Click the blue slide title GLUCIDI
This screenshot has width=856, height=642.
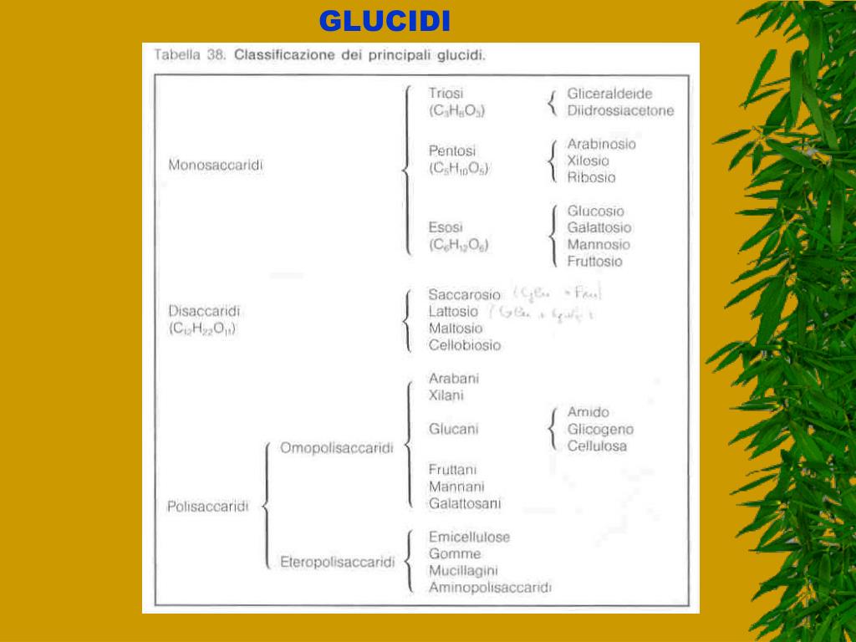[385, 21]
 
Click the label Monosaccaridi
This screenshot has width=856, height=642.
[216, 166]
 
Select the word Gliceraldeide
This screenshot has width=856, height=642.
[609, 94]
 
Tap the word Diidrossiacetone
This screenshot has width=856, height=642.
[620, 110]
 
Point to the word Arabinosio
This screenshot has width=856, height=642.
[601, 144]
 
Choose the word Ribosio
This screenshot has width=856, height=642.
[591, 177]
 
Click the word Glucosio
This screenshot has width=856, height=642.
[595, 211]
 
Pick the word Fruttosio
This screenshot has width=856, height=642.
[594, 262]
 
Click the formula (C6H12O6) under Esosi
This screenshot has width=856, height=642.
[459, 245]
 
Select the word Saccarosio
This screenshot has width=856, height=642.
[464, 295]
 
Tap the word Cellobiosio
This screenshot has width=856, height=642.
[465, 344]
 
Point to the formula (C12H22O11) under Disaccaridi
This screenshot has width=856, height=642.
[203, 329]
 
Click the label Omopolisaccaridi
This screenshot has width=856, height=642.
[336, 448]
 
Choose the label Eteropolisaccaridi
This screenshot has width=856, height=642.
[337, 563]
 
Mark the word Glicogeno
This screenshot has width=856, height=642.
[600, 430]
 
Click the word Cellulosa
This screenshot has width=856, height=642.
[597, 446]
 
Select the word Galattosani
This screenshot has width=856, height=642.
[465, 503]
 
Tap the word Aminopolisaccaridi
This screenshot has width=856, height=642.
[490, 588]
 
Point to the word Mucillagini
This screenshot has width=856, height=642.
[463, 571]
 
